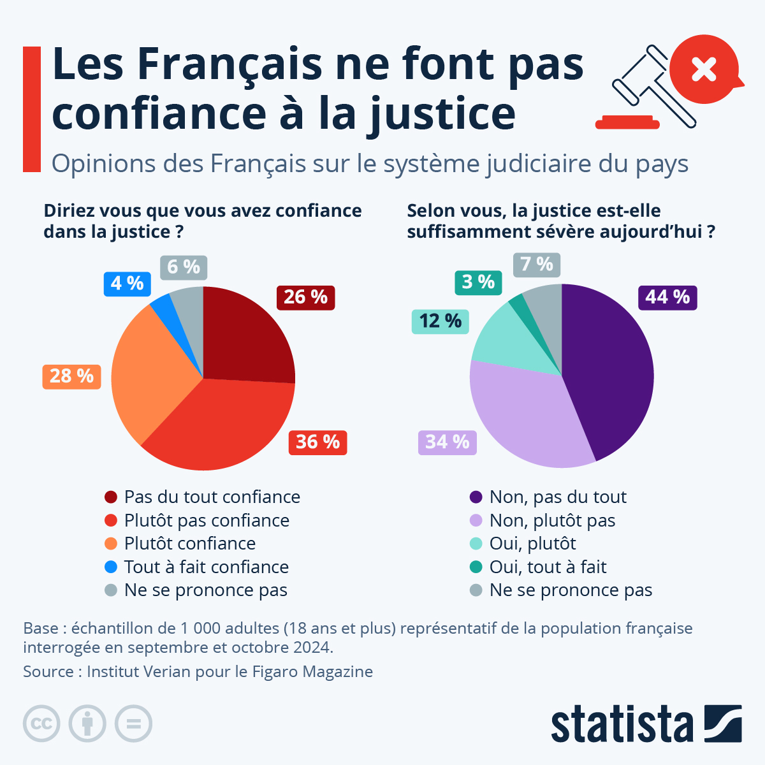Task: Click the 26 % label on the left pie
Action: (305, 297)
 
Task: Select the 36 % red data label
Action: (317, 442)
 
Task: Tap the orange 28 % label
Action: (71, 376)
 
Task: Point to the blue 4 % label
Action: (127, 283)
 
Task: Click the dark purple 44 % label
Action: (667, 297)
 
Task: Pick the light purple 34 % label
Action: (447, 442)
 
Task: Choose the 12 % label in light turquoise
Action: (440, 321)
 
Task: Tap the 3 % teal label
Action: (478, 282)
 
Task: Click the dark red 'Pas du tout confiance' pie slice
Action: (245, 338)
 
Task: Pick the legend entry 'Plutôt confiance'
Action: (189, 544)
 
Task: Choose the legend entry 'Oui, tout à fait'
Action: (547, 567)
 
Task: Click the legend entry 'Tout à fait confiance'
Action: (206, 567)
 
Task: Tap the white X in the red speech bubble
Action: (704, 69)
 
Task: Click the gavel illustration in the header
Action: (650, 86)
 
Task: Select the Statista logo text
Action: (622, 724)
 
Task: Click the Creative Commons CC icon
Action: (41, 724)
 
